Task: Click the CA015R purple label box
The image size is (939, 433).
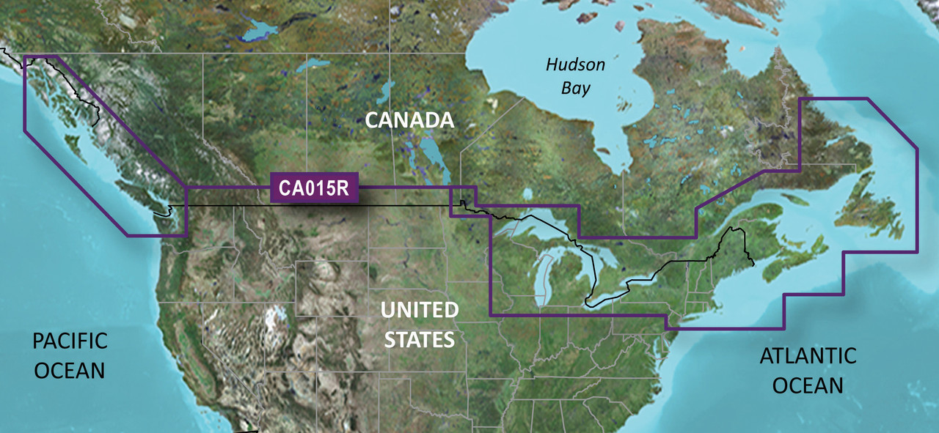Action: point(314,188)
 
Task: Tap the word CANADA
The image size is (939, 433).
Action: point(409,120)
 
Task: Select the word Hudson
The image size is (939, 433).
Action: point(575,65)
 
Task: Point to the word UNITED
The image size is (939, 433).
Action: point(420,311)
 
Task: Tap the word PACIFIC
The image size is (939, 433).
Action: point(70,341)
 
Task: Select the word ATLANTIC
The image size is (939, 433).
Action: point(808,357)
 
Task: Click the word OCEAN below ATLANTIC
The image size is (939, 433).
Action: point(808,385)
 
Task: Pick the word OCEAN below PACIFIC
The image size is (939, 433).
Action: point(70,369)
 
